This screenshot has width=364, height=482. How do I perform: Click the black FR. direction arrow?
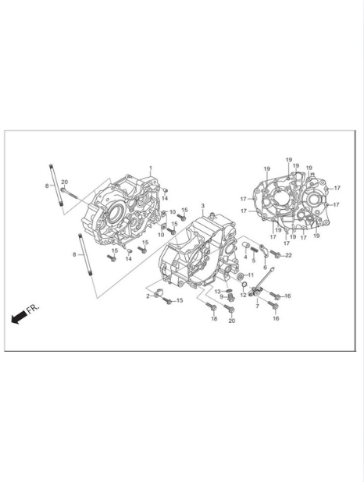19,317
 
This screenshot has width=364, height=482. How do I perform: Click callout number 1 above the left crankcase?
151,168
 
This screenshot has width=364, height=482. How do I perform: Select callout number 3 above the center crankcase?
202,205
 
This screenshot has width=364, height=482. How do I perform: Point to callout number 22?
288,255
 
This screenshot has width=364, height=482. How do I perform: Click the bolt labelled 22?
275,253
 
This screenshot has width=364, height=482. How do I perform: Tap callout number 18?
214,319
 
